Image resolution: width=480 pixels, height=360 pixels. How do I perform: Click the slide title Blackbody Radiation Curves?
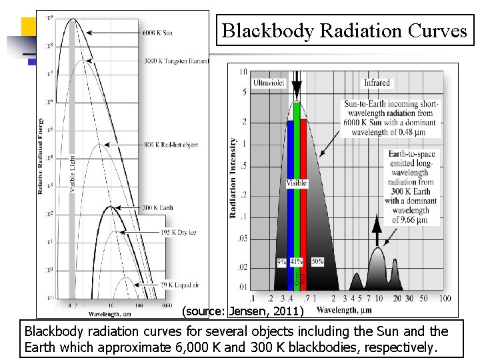click(344, 31)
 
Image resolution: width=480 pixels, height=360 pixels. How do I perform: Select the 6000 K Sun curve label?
click(158, 32)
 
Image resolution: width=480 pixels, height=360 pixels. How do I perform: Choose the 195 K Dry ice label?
click(159, 231)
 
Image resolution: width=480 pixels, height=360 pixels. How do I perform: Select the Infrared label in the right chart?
click(377, 83)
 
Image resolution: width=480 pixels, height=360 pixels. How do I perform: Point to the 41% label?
click(297, 262)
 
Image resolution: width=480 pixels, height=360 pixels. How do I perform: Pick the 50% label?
click(317, 262)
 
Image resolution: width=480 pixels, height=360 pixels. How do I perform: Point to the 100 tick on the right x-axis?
click(445, 298)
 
